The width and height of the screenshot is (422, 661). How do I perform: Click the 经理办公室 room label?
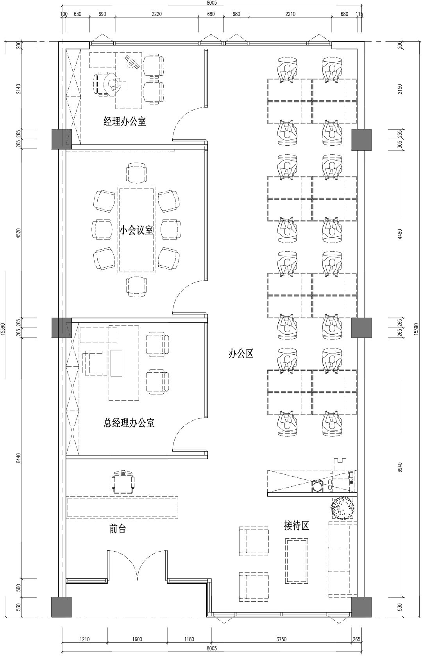pyautogui.click(x=125, y=121)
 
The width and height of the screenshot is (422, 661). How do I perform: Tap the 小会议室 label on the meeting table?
pyautogui.click(x=136, y=230)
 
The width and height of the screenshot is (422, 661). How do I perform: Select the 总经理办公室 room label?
pyautogui.click(x=129, y=423)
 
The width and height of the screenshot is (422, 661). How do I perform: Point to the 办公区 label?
pyautogui.click(x=241, y=354)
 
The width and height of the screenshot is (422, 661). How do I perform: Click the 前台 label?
pyautogui.click(x=118, y=529)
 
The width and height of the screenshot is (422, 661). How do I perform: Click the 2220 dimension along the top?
pyautogui.click(x=157, y=14)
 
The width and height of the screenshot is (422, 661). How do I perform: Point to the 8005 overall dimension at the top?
pyautogui.click(x=212, y=3)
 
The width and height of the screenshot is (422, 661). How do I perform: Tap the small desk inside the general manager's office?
pyautogui.click(x=116, y=363)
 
